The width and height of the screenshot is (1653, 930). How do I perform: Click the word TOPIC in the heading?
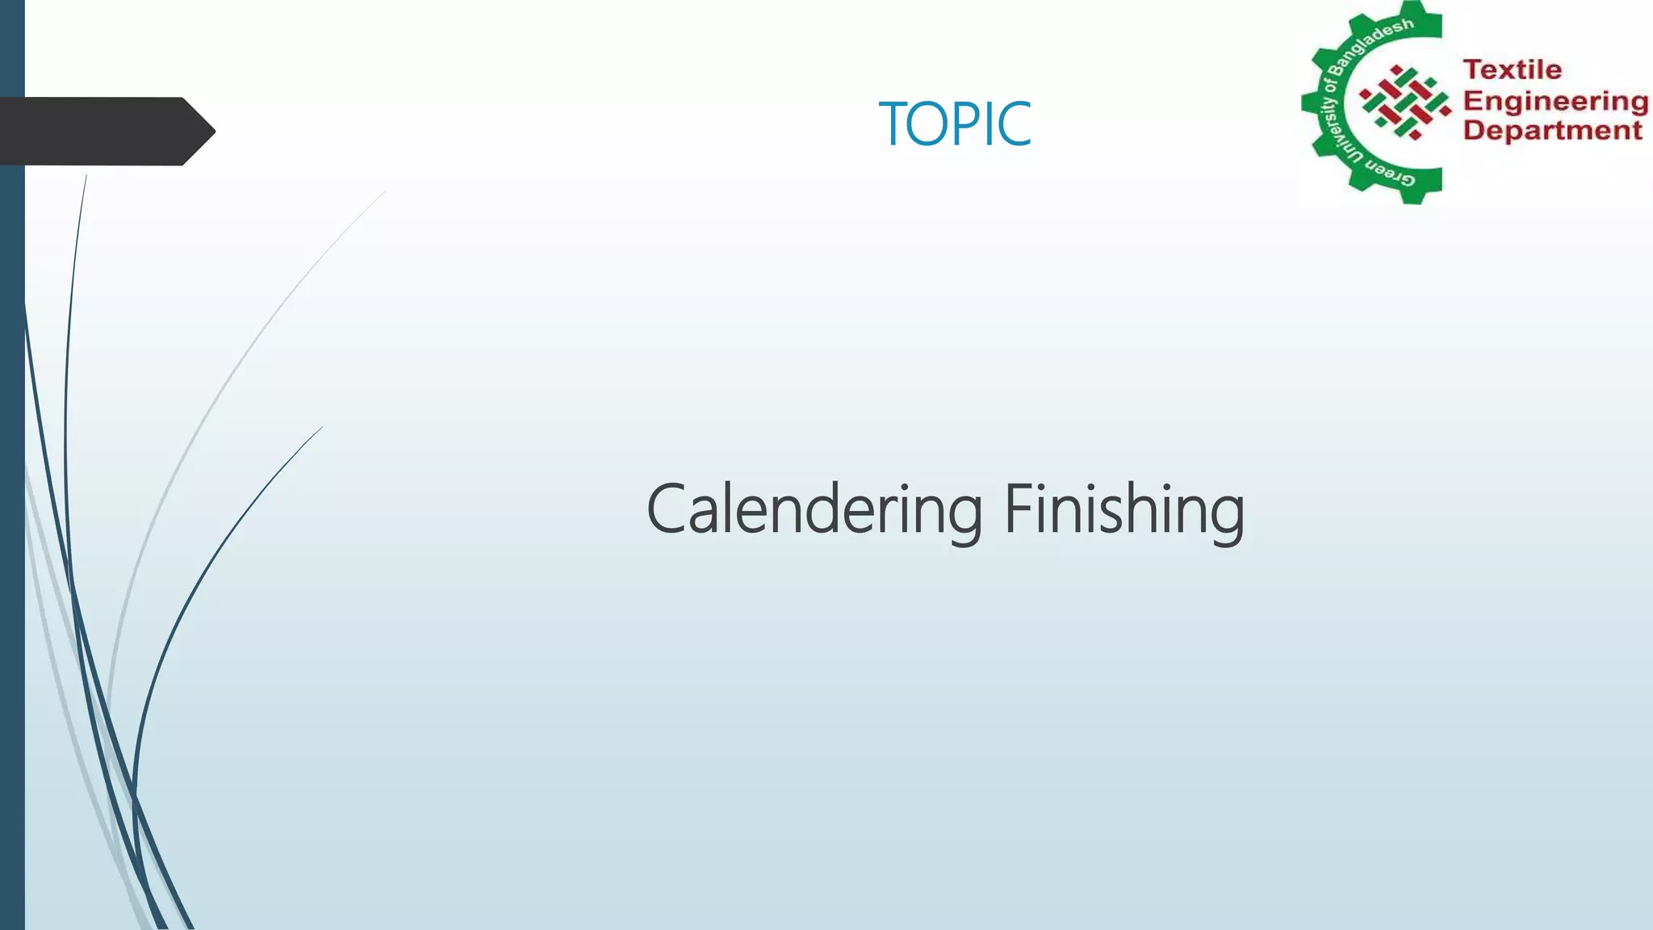pos(955,124)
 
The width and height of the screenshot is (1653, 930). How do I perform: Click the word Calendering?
pos(814,510)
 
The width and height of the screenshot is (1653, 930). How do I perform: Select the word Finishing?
pos(1124,510)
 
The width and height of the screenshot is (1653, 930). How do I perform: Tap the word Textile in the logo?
pos(1513,70)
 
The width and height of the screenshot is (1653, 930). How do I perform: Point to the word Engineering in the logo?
pos(1555,101)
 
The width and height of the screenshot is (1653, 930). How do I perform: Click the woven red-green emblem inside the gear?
pos(1405,103)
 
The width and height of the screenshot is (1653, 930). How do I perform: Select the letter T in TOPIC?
pos(893,124)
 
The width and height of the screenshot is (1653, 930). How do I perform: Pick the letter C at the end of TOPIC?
pos(1015,124)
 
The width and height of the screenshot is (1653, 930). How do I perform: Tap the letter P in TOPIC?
pos(966,124)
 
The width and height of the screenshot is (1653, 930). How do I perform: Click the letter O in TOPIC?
pos(929,124)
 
